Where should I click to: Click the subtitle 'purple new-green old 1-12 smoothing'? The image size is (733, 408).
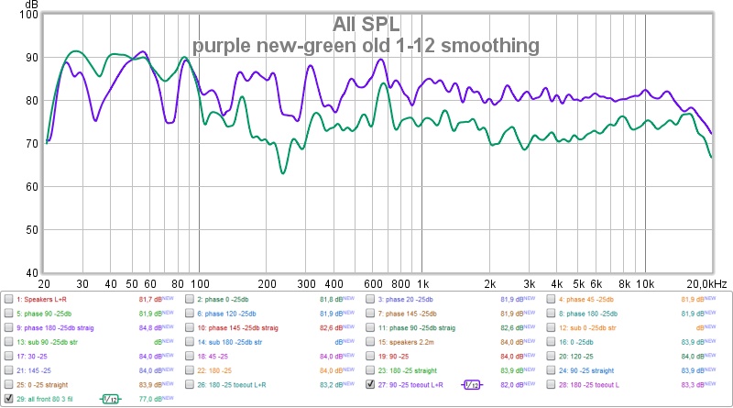tap(366, 44)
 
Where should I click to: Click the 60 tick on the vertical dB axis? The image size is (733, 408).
tap(30, 187)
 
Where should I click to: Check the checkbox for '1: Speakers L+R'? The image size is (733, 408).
tap(9, 299)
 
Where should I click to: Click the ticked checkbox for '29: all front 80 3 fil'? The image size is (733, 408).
tap(9, 399)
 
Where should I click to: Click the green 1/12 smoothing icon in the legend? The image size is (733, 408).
tap(110, 399)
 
